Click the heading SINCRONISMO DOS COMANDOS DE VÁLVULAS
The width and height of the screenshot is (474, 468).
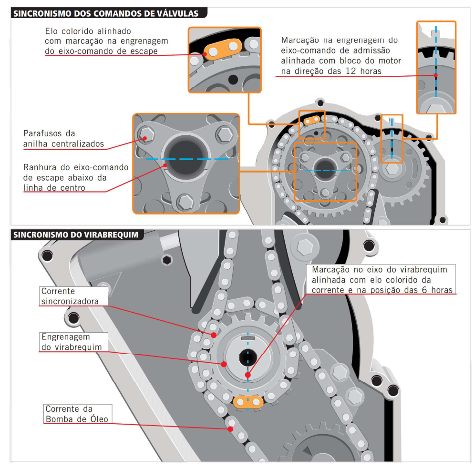click(106, 13)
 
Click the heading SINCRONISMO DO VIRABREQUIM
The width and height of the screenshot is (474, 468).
click(76, 234)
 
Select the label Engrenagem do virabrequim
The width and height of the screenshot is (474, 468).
click(72, 342)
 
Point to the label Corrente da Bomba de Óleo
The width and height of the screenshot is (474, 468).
click(77, 414)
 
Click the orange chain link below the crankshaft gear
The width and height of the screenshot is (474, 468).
click(248, 402)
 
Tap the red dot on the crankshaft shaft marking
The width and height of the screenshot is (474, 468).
click(247, 375)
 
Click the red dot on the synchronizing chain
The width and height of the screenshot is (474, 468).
click(214, 335)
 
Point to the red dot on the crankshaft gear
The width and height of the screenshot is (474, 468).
click(223, 364)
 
